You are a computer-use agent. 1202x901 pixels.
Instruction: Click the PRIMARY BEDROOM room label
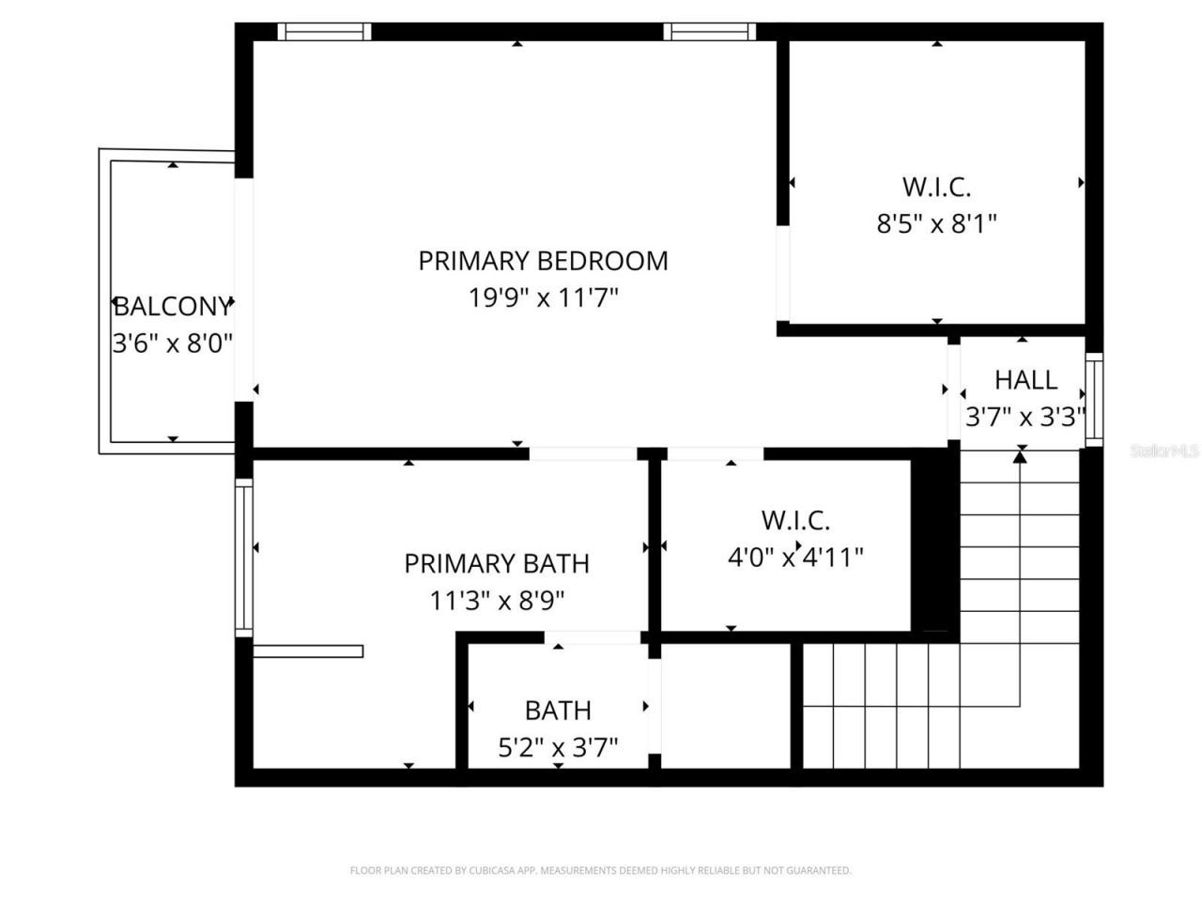(543, 260)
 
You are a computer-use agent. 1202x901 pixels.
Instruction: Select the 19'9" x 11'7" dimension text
(543, 298)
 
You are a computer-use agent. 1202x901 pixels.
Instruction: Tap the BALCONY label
(172, 306)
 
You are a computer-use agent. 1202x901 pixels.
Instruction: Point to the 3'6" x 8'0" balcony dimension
(172, 344)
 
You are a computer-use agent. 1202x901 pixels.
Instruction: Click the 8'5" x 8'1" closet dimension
(936, 224)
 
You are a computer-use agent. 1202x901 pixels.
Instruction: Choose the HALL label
(1025, 380)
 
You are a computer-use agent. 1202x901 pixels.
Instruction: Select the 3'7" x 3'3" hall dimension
(1025, 417)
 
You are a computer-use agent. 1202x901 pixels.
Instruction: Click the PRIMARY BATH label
(497, 563)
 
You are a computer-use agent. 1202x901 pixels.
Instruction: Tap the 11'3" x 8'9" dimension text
(497, 601)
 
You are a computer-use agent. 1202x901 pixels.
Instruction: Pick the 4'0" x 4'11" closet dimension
(795, 557)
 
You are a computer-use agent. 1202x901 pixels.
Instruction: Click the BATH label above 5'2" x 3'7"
(558, 710)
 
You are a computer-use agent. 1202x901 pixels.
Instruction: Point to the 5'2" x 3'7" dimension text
(558, 748)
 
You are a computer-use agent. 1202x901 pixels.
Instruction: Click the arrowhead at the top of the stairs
(1021, 456)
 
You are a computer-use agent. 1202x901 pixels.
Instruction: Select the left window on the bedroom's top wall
(325, 32)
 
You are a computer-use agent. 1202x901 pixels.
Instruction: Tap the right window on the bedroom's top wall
(710, 32)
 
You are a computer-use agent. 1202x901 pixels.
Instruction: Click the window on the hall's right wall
(1094, 399)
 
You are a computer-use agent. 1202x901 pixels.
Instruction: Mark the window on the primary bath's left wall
(244, 557)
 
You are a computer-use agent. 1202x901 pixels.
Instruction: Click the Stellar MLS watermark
(1164, 451)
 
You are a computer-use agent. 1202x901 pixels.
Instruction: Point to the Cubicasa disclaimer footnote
(601, 871)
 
